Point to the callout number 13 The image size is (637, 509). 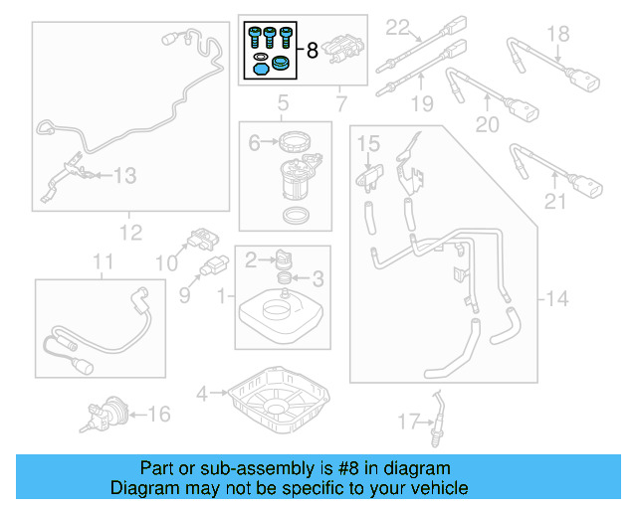[x=124, y=176]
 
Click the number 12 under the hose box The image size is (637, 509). [x=130, y=233]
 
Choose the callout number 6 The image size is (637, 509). [x=254, y=143]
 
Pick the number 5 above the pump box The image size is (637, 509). [x=283, y=103]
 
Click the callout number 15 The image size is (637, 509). [x=368, y=145]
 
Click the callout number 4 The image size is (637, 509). [x=202, y=394]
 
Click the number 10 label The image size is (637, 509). [x=164, y=262]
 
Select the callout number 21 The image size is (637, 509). [x=554, y=203]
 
